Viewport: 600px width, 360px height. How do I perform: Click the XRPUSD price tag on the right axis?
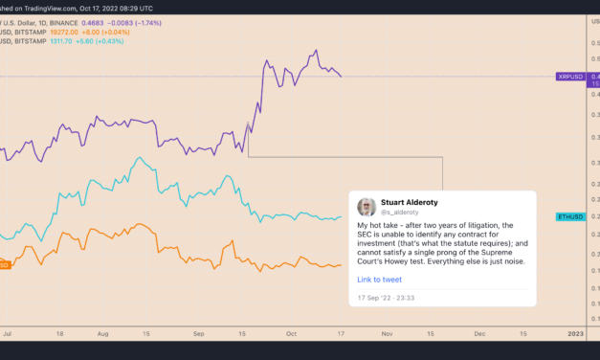tap(571, 76)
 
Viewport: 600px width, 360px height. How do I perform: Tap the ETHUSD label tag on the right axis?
tap(571, 217)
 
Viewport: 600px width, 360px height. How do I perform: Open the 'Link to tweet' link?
tap(379, 280)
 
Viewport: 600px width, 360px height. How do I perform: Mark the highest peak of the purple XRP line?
tap(316, 51)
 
